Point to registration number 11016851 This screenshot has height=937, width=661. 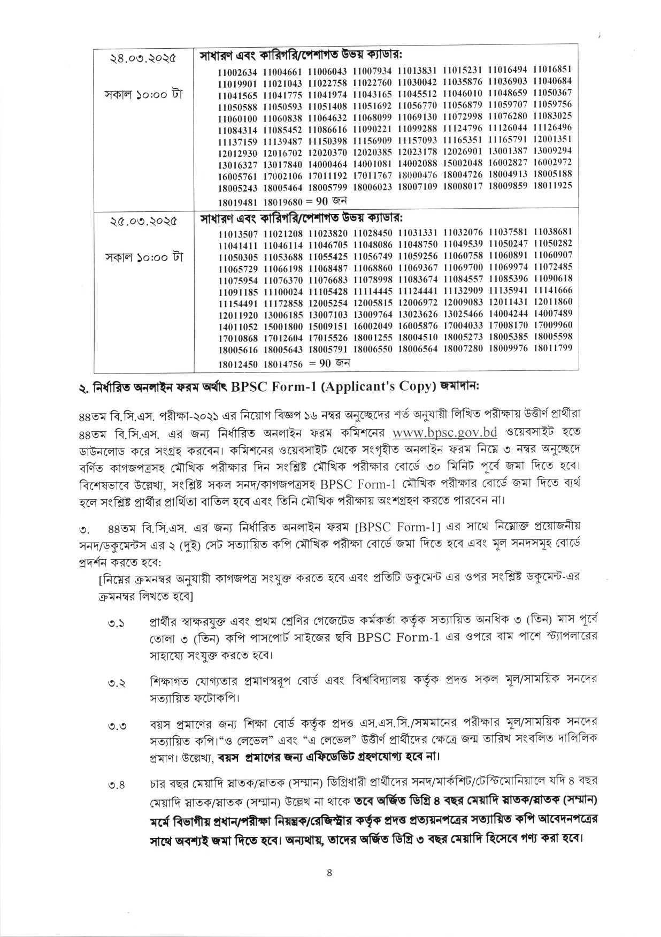tap(553, 69)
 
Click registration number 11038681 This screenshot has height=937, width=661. tap(553, 232)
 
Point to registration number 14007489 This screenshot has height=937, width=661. tap(553, 313)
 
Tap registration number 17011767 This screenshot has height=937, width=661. tap(373, 175)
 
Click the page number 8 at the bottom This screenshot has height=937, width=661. tap(329, 873)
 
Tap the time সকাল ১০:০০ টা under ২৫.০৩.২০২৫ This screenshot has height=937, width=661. tap(143, 257)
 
